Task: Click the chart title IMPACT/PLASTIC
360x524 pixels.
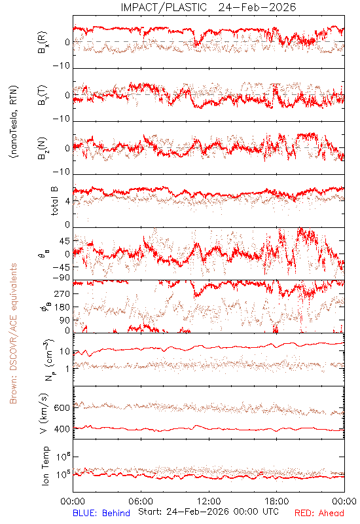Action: point(164,7)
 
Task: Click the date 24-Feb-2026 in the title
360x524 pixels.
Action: point(257,7)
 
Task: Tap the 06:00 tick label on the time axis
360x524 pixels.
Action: point(141,501)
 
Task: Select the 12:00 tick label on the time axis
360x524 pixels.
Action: point(209,501)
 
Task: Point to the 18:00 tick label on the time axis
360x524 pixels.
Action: point(277,501)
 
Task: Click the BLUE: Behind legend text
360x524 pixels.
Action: point(101,513)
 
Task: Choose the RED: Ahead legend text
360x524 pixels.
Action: point(319,513)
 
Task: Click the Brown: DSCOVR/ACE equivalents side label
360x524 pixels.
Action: point(13,333)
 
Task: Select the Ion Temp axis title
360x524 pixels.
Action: point(45,466)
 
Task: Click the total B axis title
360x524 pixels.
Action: point(54,200)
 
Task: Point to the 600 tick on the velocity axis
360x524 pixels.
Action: point(62,407)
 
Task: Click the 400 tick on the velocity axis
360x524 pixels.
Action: point(62,429)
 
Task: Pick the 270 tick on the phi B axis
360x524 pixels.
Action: point(62,293)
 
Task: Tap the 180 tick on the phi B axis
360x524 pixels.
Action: point(62,307)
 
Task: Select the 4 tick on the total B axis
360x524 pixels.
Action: point(68,201)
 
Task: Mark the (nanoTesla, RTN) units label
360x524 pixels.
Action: point(14,122)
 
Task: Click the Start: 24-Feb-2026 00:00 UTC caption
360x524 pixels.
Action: point(209,512)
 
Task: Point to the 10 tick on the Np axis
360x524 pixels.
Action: point(65,352)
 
